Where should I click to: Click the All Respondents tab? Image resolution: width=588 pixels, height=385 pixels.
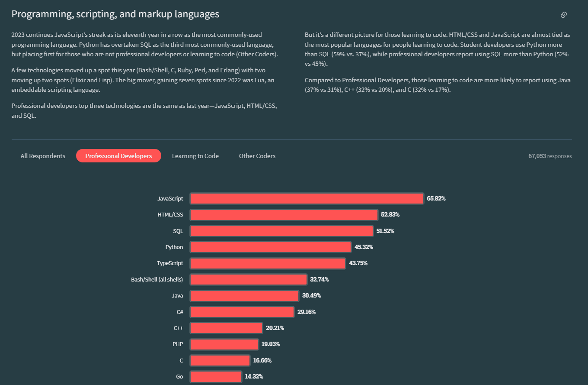point(43,156)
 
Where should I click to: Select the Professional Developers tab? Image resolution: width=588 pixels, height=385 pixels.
point(118,156)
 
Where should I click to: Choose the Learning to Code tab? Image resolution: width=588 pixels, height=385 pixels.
point(195,156)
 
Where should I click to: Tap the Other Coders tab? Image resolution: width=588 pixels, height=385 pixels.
point(257,156)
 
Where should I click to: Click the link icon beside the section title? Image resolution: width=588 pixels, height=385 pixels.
point(563,15)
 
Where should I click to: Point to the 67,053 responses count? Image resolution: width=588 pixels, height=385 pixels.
point(550,156)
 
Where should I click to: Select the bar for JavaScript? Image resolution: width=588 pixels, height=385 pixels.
point(307,198)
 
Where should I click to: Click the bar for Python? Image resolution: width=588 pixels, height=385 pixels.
point(270,247)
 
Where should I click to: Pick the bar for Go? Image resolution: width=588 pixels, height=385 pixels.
point(216,376)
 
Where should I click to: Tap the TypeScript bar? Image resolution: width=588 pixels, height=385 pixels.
point(268,263)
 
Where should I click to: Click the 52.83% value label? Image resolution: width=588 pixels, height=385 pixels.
point(390,214)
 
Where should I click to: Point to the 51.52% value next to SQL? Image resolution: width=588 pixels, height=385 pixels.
point(385,231)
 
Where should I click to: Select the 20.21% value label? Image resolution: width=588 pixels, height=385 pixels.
point(275,328)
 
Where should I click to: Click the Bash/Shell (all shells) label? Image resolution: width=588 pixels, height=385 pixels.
point(157,279)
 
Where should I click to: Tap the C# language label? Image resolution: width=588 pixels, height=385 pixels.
point(179,312)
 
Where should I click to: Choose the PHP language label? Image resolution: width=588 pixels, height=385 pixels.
point(178,344)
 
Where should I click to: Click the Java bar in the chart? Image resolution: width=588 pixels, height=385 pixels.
point(244,296)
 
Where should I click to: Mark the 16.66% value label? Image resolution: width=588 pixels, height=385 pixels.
point(262,360)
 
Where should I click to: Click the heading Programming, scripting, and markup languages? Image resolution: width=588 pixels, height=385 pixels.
point(115,14)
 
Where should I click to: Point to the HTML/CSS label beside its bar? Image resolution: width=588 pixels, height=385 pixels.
point(170,214)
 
